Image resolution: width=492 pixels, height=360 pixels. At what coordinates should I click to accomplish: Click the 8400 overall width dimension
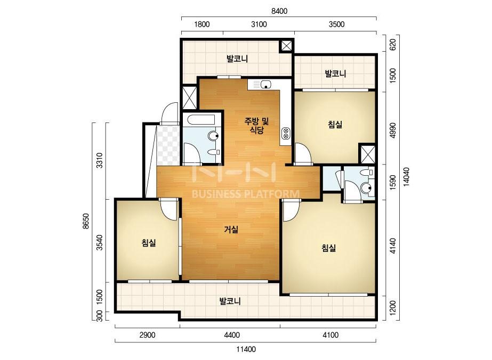point(279,11)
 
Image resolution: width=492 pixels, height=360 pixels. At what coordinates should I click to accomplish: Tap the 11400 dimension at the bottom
point(246,349)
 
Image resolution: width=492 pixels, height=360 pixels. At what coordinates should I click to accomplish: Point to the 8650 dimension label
point(86,222)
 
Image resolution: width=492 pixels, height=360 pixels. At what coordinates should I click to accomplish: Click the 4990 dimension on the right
point(392,131)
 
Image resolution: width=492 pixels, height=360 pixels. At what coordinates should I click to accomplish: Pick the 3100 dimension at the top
point(259,24)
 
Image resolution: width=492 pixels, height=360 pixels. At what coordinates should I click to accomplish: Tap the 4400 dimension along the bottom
point(232,335)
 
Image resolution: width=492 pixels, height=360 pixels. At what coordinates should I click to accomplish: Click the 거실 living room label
point(231,230)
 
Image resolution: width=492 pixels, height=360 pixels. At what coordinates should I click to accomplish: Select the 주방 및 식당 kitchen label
point(257,126)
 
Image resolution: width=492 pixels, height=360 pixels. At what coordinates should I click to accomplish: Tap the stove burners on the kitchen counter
point(286,134)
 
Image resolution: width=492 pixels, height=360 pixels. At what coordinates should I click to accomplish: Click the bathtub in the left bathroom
point(199,120)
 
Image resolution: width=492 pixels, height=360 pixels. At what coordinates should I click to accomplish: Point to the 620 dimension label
point(392,45)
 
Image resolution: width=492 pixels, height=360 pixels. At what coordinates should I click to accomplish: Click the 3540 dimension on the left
point(100,242)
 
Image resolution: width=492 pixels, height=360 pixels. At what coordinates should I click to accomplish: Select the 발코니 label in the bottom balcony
point(230,301)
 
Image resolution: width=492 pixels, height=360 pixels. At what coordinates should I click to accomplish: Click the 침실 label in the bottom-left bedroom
point(149,242)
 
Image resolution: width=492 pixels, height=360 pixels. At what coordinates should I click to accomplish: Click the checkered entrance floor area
point(168,145)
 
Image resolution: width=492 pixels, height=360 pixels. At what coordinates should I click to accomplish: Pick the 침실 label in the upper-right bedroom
point(335,125)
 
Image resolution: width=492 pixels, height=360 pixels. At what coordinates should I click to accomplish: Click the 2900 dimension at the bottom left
point(147,335)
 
